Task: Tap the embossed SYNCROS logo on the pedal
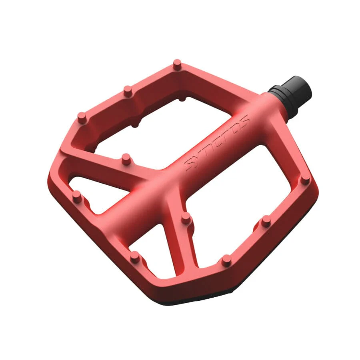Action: click(217, 142)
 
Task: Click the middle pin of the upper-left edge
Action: click(128, 91)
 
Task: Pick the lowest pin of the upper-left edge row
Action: click(82, 118)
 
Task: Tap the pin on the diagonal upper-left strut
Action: click(126, 159)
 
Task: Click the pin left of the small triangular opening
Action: click(77, 197)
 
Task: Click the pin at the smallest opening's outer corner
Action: click(135, 257)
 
